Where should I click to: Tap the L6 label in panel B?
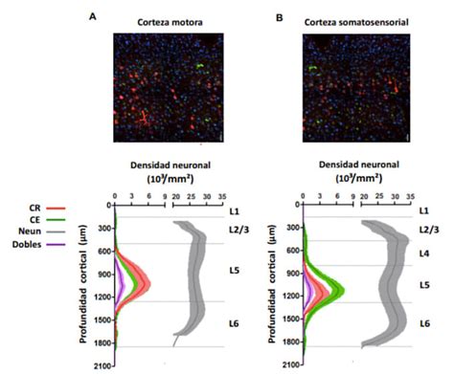425,324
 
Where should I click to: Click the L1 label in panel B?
425,209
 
